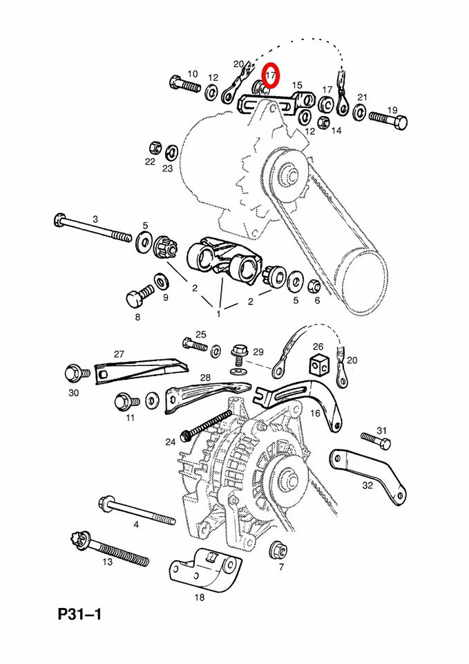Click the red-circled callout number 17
coord(271,74)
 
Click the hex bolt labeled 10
coord(183,86)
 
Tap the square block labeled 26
coord(319,363)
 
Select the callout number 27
coord(119,354)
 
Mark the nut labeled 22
coord(155,147)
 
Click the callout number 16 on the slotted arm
coord(315,413)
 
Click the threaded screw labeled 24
coord(207,425)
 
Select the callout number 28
coord(205,378)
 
